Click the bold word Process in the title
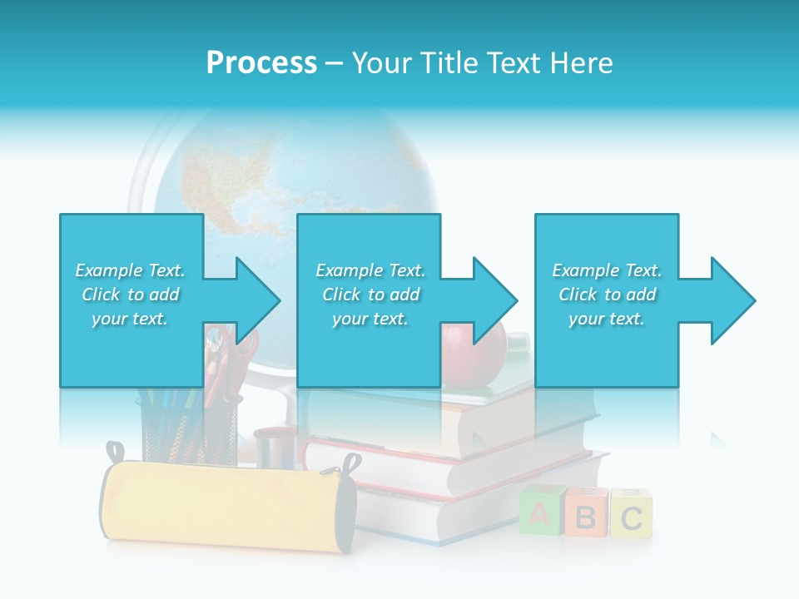point(261,63)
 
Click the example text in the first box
point(130,295)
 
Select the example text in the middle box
point(370,295)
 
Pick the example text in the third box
point(607,295)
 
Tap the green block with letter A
point(540,514)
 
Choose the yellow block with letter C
point(631,516)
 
